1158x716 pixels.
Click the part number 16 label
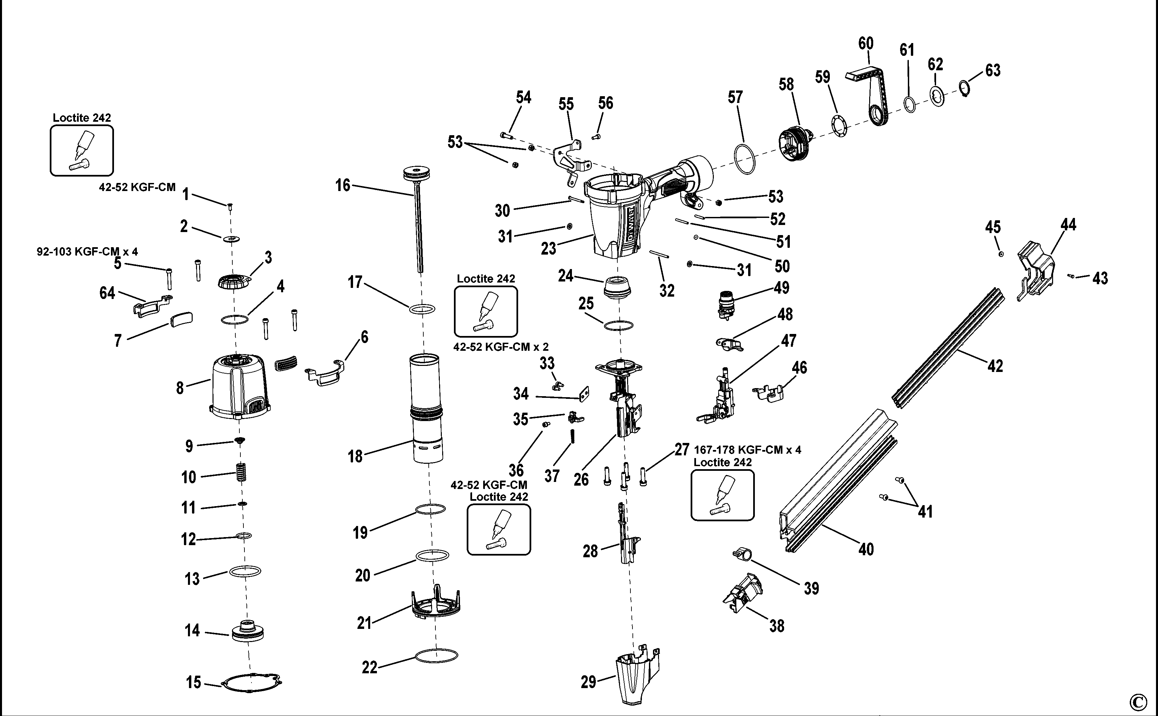[x=342, y=185]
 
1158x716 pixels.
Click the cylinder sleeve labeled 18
[x=427, y=407]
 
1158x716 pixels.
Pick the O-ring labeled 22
[x=436, y=656]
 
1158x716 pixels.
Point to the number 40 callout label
[x=866, y=549]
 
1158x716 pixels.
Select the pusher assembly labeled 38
[x=742, y=592]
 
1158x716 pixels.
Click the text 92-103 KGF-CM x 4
[x=87, y=252]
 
